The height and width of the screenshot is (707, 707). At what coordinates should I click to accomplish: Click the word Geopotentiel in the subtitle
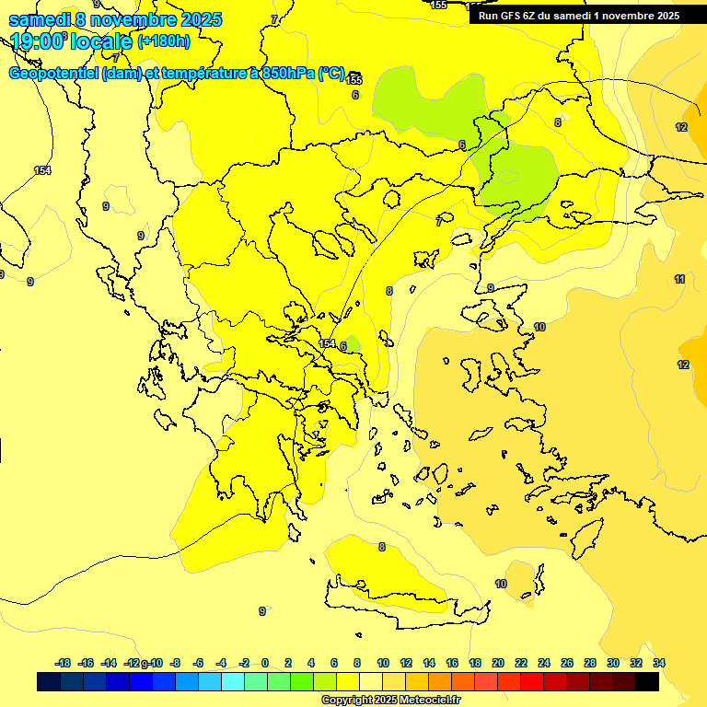click(x=53, y=74)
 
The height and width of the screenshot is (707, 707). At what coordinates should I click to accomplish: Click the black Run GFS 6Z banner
click(x=579, y=15)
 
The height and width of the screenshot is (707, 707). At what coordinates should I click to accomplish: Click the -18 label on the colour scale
click(x=63, y=663)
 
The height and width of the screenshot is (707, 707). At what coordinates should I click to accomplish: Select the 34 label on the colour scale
click(x=658, y=663)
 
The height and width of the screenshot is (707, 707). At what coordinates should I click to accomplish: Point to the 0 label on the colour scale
click(x=265, y=663)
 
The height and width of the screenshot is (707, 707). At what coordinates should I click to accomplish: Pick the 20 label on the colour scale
click(x=498, y=663)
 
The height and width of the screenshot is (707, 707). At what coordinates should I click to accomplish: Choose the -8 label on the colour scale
click(x=175, y=663)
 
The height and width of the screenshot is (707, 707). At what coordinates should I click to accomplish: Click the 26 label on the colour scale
click(x=567, y=663)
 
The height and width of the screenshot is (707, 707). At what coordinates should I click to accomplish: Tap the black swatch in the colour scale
click(x=647, y=682)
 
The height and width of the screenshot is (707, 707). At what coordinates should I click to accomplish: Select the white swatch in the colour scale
click(x=371, y=682)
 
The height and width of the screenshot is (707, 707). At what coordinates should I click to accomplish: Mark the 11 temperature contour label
click(x=679, y=279)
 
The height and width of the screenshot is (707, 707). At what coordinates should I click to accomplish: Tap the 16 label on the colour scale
click(x=452, y=663)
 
